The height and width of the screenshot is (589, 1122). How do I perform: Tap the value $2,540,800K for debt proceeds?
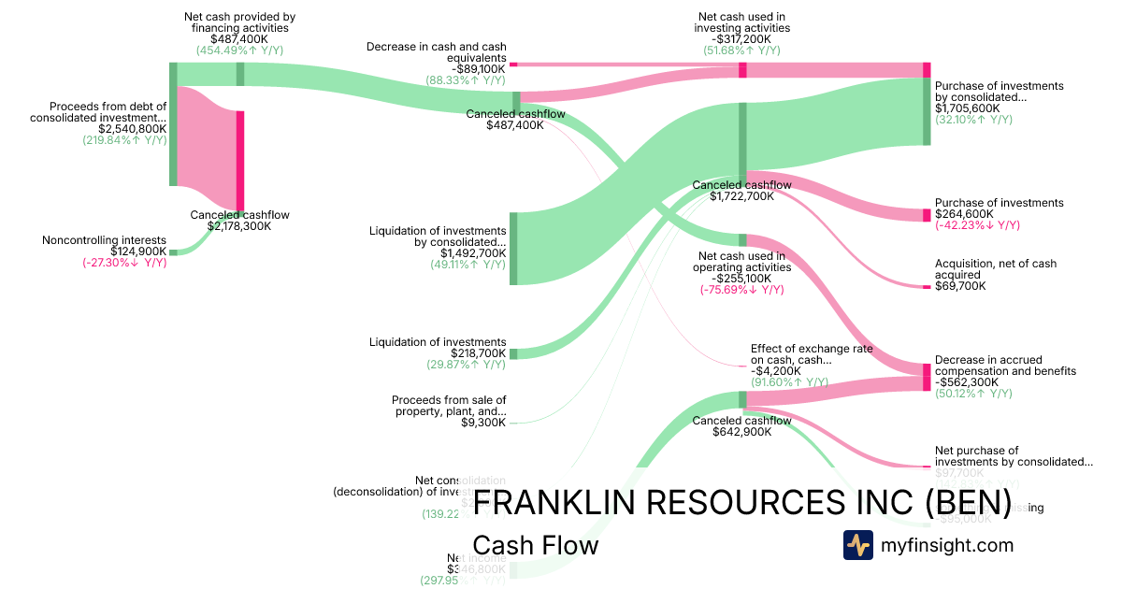pyautogui.click(x=133, y=129)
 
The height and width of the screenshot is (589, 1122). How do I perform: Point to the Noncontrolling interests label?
pyautogui.click(x=104, y=240)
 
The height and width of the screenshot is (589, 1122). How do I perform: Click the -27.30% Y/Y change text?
pyautogui.click(x=124, y=263)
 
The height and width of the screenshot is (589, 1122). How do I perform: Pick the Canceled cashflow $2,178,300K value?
pyautogui.click(x=239, y=226)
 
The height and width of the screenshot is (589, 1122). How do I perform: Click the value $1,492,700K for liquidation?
pyautogui.click(x=473, y=253)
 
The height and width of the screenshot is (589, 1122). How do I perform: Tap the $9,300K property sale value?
pyautogui.click(x=486, y=423)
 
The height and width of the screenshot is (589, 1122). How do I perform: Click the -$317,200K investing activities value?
pyautogui.click(x=743, y=39)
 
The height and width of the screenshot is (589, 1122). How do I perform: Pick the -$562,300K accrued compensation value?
pyautogui.click(x=969, y=382)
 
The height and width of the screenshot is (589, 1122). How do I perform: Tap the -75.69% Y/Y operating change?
pyautogui.click(x=741, y=290)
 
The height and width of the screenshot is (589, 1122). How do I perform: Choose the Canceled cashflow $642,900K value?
pyautogui.click(x=741, y=432)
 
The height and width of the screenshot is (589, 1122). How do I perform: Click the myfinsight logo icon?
pyautogui.click(x=857, y=545)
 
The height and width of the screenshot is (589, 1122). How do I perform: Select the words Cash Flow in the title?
pyautogui.click(x=535, y=545)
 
